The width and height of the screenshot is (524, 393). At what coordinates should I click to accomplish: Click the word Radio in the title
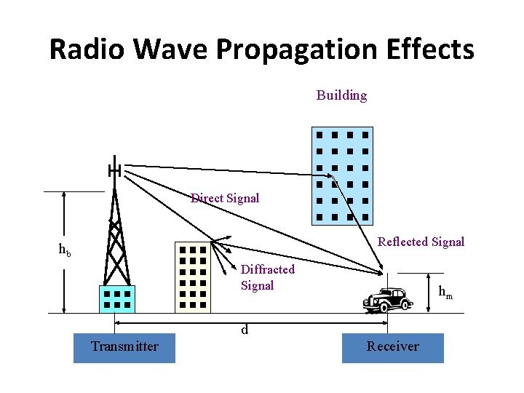click(x=87, y=49)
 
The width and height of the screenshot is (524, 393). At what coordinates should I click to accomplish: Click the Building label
click(x=341, y=95)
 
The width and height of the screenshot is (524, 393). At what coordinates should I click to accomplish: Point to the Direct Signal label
click(x=225, y=198)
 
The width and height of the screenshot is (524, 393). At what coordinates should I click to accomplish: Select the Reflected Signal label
click(x=421, y=242)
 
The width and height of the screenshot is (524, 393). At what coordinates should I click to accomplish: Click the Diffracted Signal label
click(x=267, y=277)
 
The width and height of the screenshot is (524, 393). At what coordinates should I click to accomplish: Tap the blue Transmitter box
click(x=124, y=346)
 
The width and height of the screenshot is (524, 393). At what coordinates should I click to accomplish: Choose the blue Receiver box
click(x=392, y=346)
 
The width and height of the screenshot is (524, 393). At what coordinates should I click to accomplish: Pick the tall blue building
click(x=341, y=175)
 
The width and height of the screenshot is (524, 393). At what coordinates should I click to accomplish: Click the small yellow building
click(x=192, y=277)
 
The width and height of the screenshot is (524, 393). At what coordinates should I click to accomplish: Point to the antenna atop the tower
click(x=114, y=170)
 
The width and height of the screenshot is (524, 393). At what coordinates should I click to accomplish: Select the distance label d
click(x=245, y=330)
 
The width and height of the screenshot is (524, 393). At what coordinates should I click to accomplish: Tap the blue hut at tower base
click(x=116, y=299)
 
